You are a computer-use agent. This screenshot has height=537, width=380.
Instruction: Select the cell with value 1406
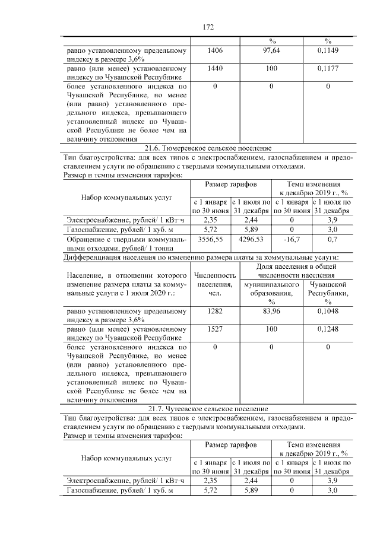coord(216,51)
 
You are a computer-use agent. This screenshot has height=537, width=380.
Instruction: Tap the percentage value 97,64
coord(271,51)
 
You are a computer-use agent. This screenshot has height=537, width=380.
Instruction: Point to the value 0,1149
coord(328,51)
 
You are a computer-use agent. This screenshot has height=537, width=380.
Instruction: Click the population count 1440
coord(216,69)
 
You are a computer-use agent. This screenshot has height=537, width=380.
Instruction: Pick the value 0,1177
coord(328,69)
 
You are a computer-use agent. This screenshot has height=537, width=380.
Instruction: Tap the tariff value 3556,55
coord(211,239)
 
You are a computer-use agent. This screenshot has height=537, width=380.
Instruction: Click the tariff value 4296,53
coord(251,239)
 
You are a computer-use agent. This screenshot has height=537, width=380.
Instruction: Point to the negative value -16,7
coord(292,239)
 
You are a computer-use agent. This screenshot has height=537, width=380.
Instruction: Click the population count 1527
coord(216,330)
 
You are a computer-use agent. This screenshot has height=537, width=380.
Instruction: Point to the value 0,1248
coord(328,330)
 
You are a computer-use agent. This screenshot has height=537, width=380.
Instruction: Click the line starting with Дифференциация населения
coord(201,258)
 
